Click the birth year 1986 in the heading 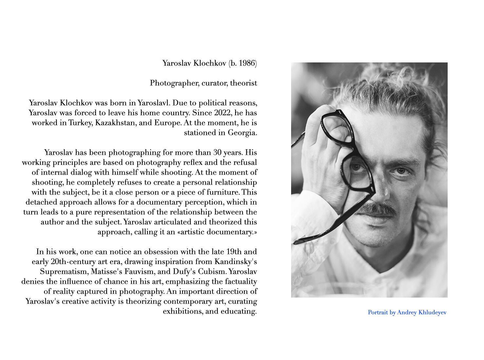pyautogui.click(x=247, y=63)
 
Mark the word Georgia pyautogui.click(x=242, y=133)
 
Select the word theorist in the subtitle pyautogui.click(x=243, y=83)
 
